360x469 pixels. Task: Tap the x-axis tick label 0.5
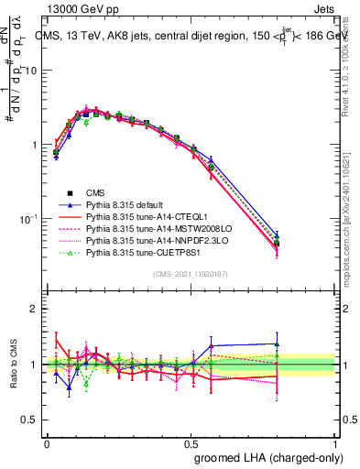tap(191, 442)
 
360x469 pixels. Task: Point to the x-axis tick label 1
tap(333, 442)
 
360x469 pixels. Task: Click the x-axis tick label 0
tap(47, 442)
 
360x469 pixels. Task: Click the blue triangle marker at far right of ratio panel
tap(276, 344)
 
